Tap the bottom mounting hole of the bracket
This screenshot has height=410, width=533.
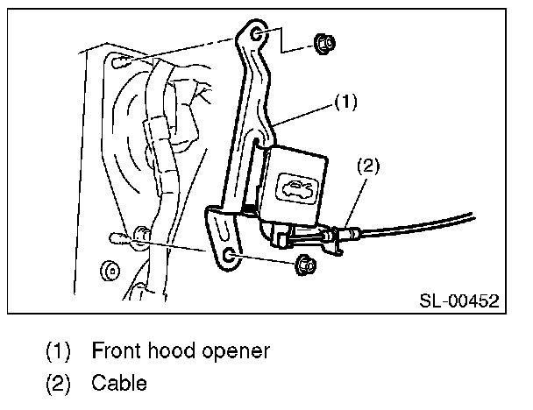pos(229,255)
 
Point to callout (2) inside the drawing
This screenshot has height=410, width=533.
pos(368,164)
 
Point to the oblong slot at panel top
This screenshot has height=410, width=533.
pos(124,61)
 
